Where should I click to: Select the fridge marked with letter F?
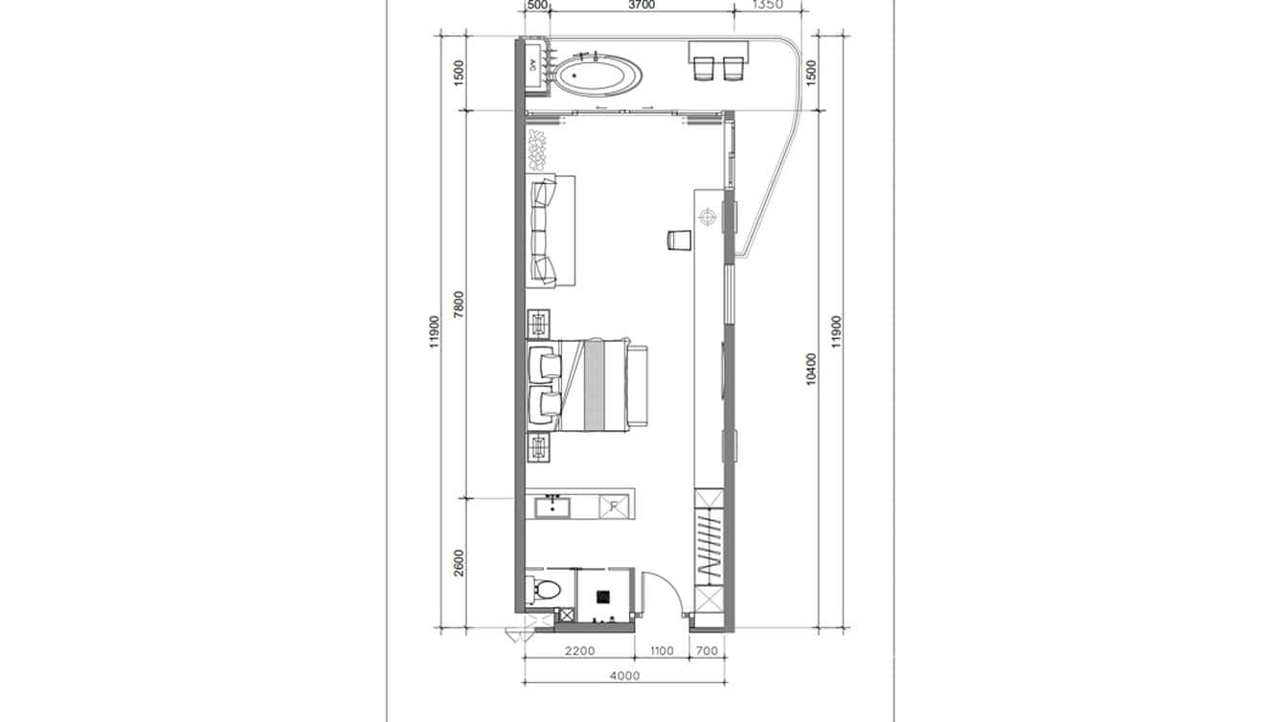614,507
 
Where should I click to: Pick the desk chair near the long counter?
678,239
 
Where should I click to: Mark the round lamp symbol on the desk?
708,218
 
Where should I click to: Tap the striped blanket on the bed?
595,385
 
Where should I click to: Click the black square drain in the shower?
603,596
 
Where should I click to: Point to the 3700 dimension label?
641,6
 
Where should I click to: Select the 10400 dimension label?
812,370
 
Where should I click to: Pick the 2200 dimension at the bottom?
579,651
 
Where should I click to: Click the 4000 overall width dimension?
623,676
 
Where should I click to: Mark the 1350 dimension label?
768,5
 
